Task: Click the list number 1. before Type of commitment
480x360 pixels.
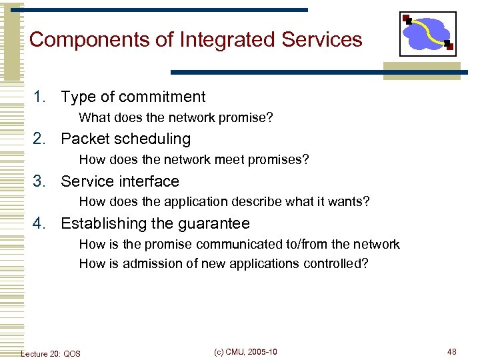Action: coord(41,97)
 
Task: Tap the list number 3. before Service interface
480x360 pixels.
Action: coord(41,181)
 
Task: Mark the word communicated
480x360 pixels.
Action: coord(251,245)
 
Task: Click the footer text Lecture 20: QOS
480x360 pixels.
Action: coord(51,353)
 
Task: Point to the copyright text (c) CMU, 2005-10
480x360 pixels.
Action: coord(246,352)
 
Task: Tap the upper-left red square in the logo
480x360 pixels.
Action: coord(405,18)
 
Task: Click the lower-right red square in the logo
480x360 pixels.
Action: coord(449,46)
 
